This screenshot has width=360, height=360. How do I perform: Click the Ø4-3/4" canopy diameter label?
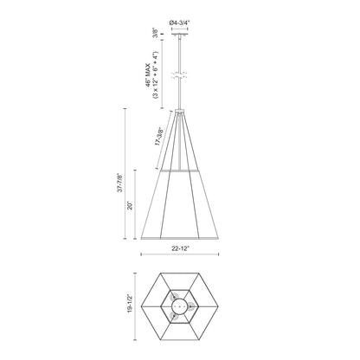tap(179, 22)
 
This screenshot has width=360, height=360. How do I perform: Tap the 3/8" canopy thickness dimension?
tap(156, 33)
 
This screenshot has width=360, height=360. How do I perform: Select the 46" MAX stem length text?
tap(149, 74)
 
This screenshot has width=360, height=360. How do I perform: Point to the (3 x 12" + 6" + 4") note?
tap(156, 75)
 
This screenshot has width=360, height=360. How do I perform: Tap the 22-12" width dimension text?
tap(180, 248)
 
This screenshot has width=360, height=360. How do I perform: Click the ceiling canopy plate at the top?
tap(180, 35)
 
